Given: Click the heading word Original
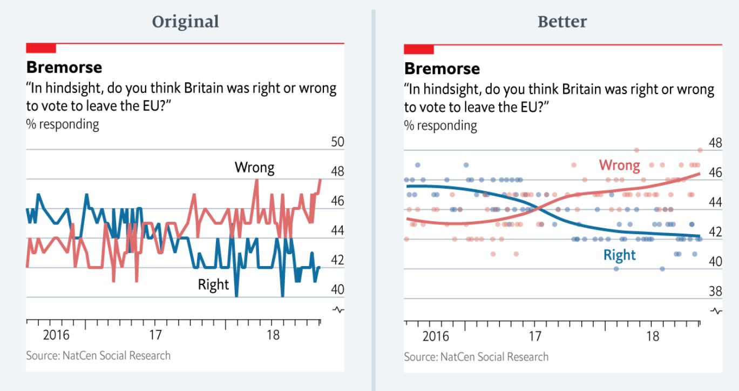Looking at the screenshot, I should pyautogui.click(x=185, y=22).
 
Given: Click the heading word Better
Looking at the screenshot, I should pyautogui.click(x=562, y=22).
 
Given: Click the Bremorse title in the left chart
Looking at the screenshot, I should pyautogui.click(x=64, y=68).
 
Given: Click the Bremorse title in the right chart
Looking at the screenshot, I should pyautogui.click(x=442, y=69).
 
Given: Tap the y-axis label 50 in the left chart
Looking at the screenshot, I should pyautogui.click(x=337, y=142).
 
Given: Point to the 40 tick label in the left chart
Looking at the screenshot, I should pyautogui.click(x=337, y=289).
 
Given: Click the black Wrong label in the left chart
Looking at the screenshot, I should pyautogui.click(x=254, y=168).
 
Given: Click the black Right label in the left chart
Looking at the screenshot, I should pyautogui.click(x=213, y=284).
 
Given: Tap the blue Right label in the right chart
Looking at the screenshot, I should pyautogui.click(x=619, y=255).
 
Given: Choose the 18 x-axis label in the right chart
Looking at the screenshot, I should pyautogui.click(x=653, y=336).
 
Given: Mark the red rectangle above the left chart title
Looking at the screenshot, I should pyautogui.click(x=41, y=48).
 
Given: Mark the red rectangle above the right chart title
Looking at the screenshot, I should pyautogui.click(x=419, y=49).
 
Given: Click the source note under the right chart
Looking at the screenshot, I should pyautogui.click(x=476, y=357).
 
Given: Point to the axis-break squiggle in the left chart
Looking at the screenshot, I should pyautogui.click(x=338, y=310).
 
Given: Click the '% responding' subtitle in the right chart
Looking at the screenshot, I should pyautogui.click(x=440, y=126).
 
